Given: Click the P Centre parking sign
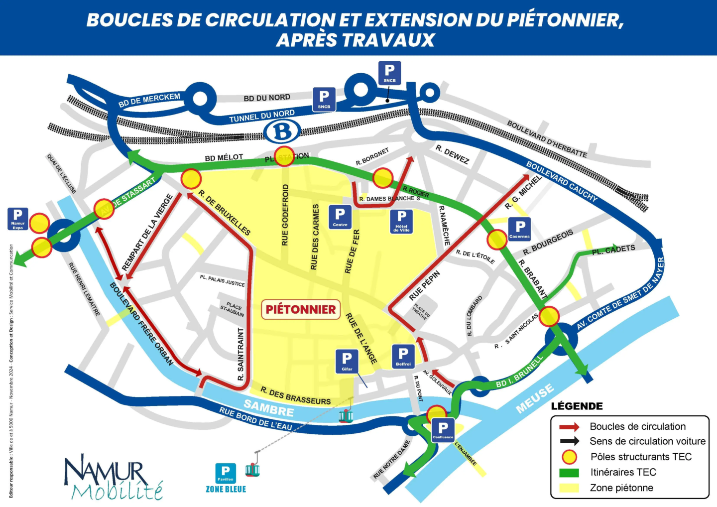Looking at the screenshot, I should [x=340, y=217].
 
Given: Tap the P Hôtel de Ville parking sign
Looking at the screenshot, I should [x=401, y=221].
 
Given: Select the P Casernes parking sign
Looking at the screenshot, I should [x=519, y=229].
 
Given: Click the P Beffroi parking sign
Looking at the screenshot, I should [x=403, y=357].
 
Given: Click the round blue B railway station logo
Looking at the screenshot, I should [x=283, y=132].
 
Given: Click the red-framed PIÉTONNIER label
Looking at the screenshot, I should [x=301, y=309].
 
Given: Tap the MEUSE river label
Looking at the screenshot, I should [x=535, y=398].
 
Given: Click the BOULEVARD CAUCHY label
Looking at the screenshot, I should [x=562, y=181].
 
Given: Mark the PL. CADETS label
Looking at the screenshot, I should [x=613, y=250].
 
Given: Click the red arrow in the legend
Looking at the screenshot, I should [x=569, y=427].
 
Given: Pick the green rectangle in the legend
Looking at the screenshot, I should [x=569, y=472].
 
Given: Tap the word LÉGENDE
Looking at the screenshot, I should [x=577, y=406].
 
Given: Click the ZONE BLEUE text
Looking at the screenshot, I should [x=226, y=489].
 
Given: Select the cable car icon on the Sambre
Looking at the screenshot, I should [x=346, y=415].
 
